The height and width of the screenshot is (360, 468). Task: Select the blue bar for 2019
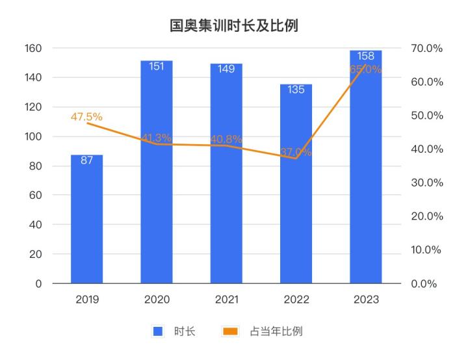pyautogui.click(x=87, y=221)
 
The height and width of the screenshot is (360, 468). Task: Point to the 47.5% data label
pyautogui.click(x=86, y=117)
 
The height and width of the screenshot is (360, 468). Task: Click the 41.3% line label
pyautogui.click(x=157, y=138)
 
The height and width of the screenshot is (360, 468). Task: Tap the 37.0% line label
pyautogui.click(x=296, y=153)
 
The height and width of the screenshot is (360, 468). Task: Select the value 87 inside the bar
pyautogui.click(x=87, y=160)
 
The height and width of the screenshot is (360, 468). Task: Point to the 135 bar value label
pyautogui.click(x=296, y=90)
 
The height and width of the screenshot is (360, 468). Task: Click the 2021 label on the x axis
pyautogui.click(x=226, y=300)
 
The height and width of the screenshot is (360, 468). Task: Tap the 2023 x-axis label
pyautogui.click(x=366, y=300)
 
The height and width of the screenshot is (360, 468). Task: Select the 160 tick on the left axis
pyautogui.click(x=34, y=48)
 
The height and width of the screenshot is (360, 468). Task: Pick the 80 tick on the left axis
pyautogui.click(x=36, y=166)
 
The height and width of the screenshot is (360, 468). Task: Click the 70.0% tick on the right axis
pyautogui.click(x=427, y=48)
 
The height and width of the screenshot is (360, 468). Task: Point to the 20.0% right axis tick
pyautogui.click(x=427, y=216)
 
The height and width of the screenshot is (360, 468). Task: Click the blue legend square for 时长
pyautogui.click(x=157, y=331)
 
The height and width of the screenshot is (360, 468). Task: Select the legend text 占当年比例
pyautogui.click(x=276, y=331)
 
